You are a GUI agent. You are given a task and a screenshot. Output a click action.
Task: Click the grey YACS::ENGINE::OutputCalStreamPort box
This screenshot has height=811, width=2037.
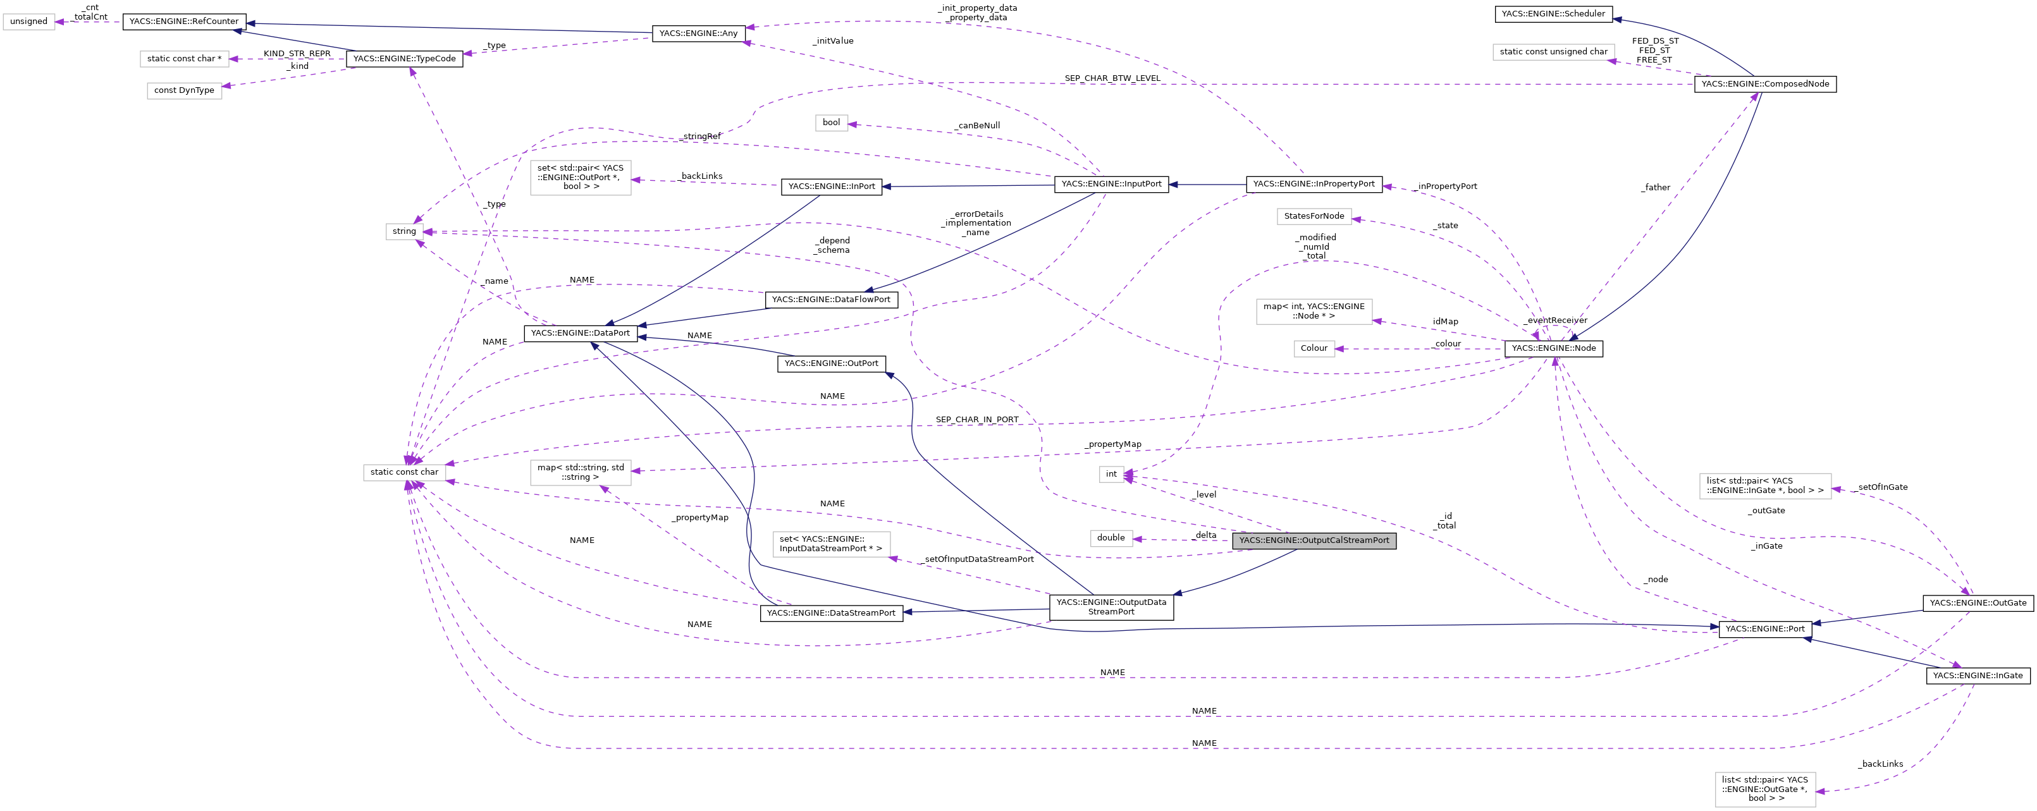tap(1314, 540)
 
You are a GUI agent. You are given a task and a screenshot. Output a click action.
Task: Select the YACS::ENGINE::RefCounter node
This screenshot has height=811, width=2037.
tap(183, 21)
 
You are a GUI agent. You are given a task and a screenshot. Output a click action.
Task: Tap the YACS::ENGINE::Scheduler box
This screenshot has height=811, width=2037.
tap(1553, 13)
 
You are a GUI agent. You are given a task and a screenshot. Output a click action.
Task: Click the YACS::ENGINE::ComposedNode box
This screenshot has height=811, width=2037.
tap(1764, 84)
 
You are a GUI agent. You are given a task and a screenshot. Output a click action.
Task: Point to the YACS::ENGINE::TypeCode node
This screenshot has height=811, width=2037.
tap(404, 59)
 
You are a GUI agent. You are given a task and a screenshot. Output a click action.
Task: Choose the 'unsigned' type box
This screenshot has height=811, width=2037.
tap(28, 21)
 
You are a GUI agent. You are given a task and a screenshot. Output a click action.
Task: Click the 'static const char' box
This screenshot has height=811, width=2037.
tap(404, 472)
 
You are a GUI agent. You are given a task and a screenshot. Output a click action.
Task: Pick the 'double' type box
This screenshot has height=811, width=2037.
tap(1111, 537)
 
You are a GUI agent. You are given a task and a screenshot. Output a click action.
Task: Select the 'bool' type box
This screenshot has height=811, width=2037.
tap(831, 123)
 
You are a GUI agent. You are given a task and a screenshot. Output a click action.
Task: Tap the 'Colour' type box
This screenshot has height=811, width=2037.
tap(1314, 348)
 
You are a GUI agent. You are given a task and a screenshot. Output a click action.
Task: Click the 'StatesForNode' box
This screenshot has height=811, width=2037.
tap(1314, 216)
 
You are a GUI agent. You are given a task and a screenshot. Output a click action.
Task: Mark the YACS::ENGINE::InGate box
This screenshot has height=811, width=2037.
tap(1977, 675)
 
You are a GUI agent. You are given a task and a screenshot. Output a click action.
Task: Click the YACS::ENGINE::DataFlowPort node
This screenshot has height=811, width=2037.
tap(830, 300)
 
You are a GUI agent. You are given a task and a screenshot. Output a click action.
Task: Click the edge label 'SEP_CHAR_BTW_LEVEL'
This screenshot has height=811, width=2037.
tap(1112, 78)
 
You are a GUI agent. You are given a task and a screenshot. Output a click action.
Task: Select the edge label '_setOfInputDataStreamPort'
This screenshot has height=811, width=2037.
tap(978, 559)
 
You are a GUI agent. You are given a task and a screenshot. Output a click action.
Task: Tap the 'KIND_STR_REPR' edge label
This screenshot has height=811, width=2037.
tap(297, 54)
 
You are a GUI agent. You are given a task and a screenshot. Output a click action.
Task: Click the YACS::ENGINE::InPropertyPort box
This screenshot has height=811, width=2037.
tap(1314, 183)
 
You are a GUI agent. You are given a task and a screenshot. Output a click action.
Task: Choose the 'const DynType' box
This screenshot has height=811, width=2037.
tap(184, 90)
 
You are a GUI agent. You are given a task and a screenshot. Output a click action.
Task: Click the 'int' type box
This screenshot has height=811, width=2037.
tap(1111, 474)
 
